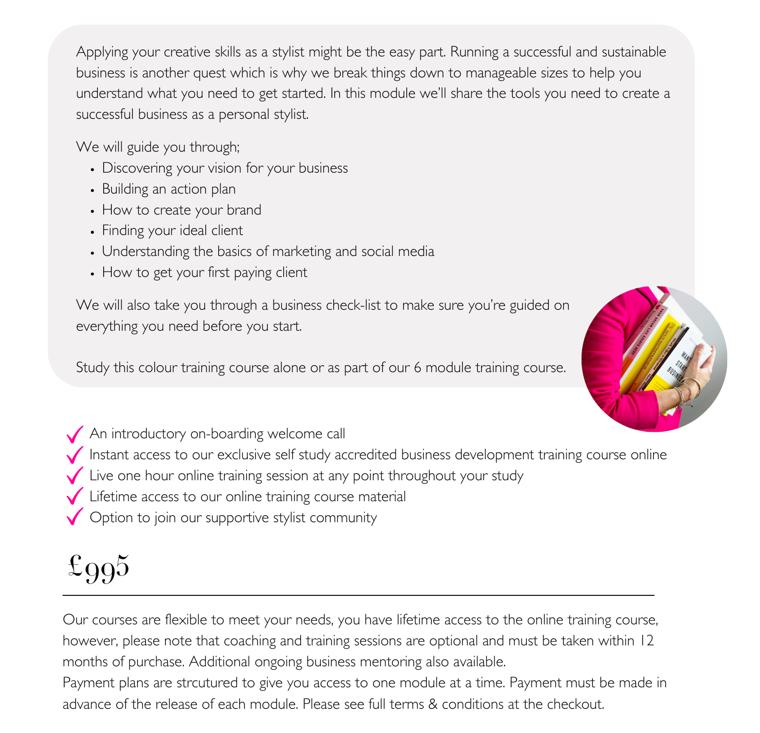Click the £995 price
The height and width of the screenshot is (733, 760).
(99, 567)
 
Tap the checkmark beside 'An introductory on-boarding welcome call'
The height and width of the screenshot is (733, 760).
(74, 433)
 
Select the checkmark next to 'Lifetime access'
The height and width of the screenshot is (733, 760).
(74, 496)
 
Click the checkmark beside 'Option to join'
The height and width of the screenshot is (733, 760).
(74, 517)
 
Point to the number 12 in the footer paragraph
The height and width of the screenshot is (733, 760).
(647, 641)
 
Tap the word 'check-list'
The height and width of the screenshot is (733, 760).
(352, 305)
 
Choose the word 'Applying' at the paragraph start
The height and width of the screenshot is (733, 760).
(102, 53)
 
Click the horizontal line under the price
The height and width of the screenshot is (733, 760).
(359, 595)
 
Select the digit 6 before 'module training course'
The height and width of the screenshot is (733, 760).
(418, 368)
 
